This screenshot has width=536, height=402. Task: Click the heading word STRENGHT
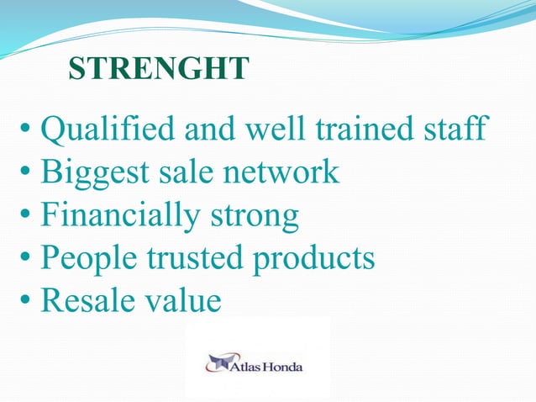pos(158,69)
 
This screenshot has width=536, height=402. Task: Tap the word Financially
pos(115,216)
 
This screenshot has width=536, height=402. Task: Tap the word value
pos(182,300)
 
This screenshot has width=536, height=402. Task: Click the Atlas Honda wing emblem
pos(219,364)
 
